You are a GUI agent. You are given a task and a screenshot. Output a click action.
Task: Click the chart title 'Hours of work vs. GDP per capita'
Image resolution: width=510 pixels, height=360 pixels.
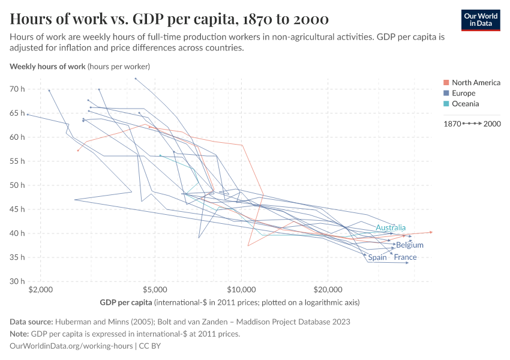(169, 19)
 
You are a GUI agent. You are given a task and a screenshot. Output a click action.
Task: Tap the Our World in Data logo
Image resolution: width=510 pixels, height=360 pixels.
(480, 20)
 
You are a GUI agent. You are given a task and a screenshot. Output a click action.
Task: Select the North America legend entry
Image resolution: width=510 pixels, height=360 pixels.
(476, 82)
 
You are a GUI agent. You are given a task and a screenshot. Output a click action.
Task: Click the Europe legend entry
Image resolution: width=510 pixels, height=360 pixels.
(463, 93)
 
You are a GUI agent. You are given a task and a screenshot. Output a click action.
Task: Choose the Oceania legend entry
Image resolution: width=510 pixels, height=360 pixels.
(465, 104)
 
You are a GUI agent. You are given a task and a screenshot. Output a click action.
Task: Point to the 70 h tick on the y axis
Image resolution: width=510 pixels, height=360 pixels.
(17, 89)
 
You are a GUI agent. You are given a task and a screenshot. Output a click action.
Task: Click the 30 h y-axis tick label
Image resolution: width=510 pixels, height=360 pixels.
(17, 281)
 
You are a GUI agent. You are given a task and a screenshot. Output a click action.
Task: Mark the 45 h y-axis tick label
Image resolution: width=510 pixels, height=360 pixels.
(17, 209)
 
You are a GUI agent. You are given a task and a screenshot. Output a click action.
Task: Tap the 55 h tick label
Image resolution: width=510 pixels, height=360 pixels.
(17, 161)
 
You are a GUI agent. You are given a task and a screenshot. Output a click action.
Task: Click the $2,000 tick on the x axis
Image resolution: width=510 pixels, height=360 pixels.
(40, 289)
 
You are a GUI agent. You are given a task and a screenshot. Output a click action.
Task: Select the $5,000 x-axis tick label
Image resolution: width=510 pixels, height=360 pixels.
(155, 289)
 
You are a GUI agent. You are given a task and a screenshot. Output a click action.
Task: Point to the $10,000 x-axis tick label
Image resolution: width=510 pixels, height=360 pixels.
(241, 289)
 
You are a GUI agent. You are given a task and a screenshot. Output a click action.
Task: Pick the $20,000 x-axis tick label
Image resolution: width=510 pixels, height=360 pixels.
(328, 289)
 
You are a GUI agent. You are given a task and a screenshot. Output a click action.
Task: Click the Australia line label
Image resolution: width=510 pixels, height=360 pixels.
(391, 227)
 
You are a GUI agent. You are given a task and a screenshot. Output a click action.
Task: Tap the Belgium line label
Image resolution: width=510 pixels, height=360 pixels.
(410, 245)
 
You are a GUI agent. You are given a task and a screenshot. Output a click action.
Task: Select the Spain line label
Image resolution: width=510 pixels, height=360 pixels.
(377, 257)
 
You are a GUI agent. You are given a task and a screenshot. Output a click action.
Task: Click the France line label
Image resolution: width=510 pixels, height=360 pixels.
(405, 257)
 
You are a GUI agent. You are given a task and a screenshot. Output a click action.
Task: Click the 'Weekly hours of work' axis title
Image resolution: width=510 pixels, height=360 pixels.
(47, 66)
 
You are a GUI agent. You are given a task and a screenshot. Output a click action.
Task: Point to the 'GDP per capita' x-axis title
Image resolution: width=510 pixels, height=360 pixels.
(125, 301)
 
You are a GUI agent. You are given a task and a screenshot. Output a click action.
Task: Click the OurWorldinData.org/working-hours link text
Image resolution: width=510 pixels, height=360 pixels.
(72, 346)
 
